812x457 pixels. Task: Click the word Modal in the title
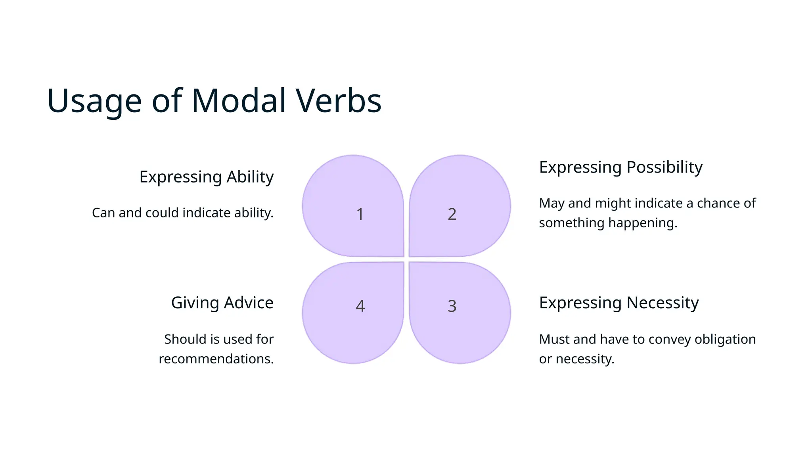click(239, 100)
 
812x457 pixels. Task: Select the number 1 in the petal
click(360, 214)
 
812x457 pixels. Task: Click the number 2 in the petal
click(452, 214)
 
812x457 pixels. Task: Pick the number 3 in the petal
click(452, 306)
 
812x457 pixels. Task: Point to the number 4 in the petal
click(360, 306)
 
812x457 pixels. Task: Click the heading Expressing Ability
click(206, 177)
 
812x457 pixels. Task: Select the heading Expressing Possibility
click(620, 167)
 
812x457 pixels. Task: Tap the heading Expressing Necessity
click(619, 303)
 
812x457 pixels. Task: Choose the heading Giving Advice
click(222, 303)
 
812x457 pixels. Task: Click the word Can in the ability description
click(103, 213)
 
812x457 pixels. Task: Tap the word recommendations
click(216, 359)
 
